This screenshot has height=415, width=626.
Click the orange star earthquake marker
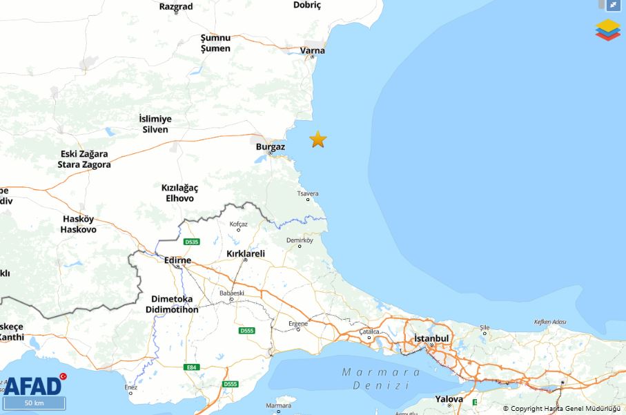(317, 139)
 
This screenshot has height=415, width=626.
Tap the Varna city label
(313, 50)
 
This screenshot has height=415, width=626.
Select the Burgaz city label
(270, 147)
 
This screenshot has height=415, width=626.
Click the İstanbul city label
(431, 338)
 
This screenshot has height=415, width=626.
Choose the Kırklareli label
(246, 253)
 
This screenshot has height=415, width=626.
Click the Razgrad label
(175, 6)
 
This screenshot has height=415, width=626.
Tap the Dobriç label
(307, 5)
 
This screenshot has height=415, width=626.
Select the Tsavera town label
(308, 193)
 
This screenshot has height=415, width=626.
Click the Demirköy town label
(300, 240)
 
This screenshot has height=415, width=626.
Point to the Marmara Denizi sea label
(381, 378)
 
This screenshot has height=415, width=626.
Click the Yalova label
(449, 399)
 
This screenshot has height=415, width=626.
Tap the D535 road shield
(191, 242)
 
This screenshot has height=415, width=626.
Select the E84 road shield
(192, 367)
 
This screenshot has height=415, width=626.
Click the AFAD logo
(33, 384)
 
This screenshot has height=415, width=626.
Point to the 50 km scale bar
(34, 403)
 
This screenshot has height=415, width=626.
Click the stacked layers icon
(607, 30)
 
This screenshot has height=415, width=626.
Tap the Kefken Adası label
(549, 322)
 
